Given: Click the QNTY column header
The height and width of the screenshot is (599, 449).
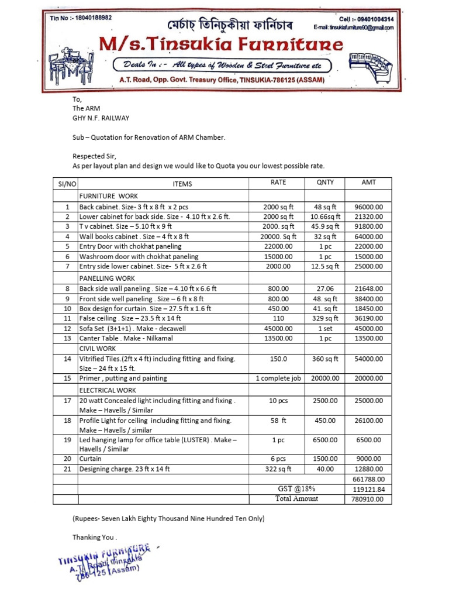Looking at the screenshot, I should [x=325, y=183].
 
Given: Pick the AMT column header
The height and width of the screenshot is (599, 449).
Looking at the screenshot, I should [x=368, y=183].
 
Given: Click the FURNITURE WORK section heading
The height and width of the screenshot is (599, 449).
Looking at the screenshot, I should [x=108, y=196].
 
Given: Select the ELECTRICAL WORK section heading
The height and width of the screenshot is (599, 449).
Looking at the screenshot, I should [x=108, y=390].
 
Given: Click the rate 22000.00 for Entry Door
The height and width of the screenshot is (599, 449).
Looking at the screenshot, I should [x=278, y=246].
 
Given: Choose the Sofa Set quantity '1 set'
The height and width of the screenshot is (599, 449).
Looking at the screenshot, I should [x=325, y=328].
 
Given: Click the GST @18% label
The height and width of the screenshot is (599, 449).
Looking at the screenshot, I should [x=296, y=489].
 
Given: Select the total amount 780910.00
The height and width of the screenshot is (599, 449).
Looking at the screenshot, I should [x=368, y=499].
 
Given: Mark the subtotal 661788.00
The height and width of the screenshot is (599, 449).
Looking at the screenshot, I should [x=368, y=479].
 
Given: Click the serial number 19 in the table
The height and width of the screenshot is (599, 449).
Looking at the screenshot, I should [x=67, y=439].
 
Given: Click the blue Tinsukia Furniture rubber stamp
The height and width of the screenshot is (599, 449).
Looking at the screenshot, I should [x=105, y=560].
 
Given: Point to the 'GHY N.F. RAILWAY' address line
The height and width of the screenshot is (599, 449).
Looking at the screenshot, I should [x=101, y=118].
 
